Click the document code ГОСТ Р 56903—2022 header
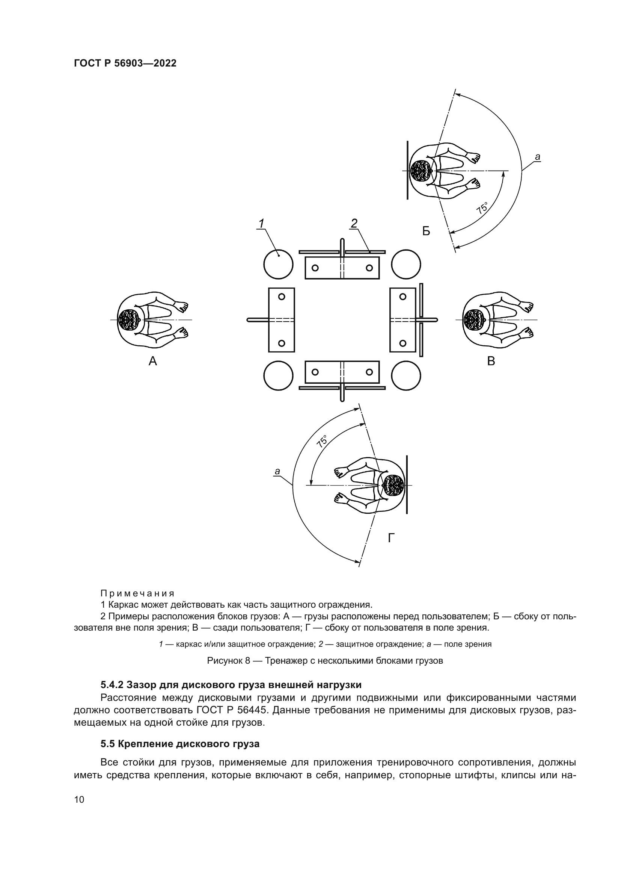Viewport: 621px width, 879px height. (125, 64)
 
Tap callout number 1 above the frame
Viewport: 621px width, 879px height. (262, 223)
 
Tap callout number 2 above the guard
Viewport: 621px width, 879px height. (354, 223)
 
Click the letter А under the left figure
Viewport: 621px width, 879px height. (152, 361)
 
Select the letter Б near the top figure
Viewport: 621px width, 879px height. (426, 231)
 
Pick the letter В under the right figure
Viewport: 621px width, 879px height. (491, 361)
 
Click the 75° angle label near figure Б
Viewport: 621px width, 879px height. (482, 208)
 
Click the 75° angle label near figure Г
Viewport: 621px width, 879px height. (323, 441)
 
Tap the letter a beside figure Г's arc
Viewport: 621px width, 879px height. (277, 471)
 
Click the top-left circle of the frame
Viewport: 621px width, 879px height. (278, 264)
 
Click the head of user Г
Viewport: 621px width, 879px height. (393, 485)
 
